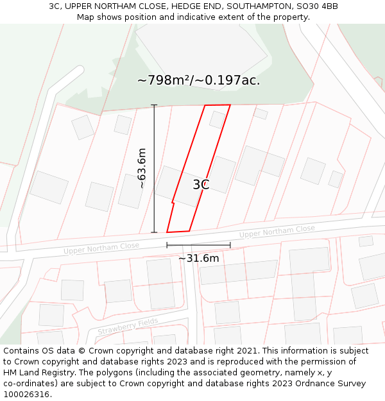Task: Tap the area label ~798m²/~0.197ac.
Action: coord(198,80)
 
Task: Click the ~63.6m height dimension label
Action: coord(142,168)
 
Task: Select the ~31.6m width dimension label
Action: coord(198,259)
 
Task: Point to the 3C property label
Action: coord(201,185)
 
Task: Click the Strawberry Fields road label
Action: coord(128,327)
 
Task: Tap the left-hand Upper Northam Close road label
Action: coord(101,247)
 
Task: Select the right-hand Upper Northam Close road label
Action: coord(277,232)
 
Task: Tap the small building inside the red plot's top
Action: coord(217,119)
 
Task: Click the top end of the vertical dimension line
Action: coord(154,105)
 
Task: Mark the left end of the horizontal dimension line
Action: coord(167,244)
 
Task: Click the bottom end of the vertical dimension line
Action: coord(154,232)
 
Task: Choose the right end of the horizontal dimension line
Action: coord(230,244)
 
